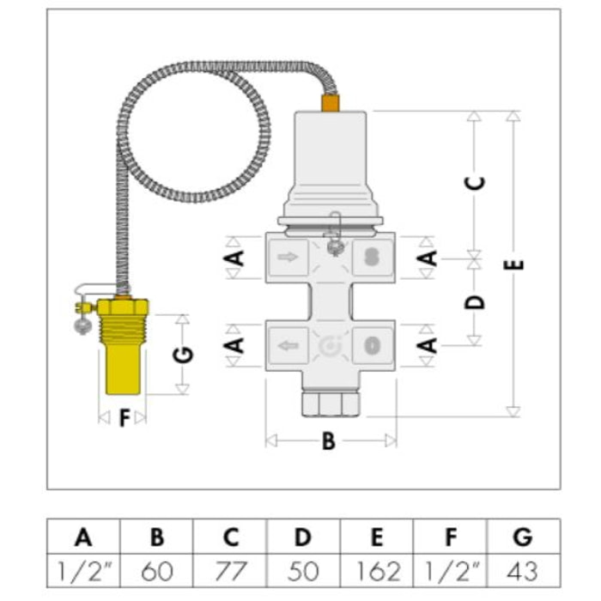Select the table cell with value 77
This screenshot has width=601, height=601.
point(230,570)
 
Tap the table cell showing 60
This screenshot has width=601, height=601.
point(157,570)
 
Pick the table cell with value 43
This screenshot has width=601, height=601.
point(523,570)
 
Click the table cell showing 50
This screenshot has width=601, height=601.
point(304,570)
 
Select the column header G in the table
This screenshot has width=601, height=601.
point(523,538)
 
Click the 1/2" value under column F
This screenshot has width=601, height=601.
point(451,570)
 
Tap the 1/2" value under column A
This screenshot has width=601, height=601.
point(83,570)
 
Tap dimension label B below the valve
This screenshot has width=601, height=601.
point(329,442)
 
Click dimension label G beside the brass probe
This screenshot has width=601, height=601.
point(186,354)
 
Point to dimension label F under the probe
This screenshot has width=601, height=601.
point(124,418)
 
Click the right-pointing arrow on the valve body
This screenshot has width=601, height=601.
point(288,256)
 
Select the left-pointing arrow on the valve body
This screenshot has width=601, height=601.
point(288,346)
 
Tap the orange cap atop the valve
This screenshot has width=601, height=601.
point(330,103)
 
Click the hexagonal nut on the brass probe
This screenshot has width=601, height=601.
point(123,307)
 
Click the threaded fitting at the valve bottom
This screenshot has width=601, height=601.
point(330,401)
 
